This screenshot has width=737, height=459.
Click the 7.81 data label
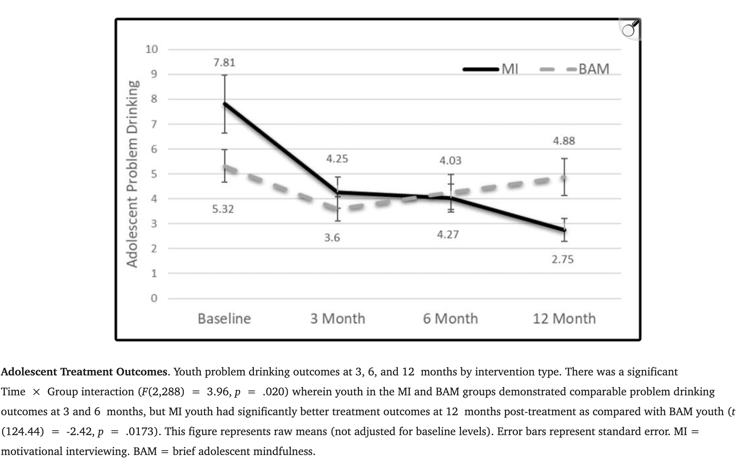coord(224,62)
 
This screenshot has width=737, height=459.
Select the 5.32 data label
coord(223,209)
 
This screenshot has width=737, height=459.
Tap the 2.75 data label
coord(562,259)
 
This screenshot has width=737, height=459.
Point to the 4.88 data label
coord(564,141)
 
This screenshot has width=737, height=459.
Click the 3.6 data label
coord(332,238)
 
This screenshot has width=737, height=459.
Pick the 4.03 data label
coord(450,160)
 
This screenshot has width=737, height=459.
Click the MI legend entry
coord(491,69)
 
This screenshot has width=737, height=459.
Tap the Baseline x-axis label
coord(224,318)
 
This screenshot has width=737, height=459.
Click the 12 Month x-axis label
coord(564,318)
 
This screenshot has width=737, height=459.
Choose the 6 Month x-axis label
coord(450,318)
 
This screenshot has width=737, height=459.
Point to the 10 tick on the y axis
coord(151,49)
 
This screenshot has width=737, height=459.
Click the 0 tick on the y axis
coord(154,298)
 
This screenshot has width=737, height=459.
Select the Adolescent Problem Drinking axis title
coord(132,173)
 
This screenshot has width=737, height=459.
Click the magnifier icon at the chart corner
coord(630,29)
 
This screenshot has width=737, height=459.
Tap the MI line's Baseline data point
coord(225,103)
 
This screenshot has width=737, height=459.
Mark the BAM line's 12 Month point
coord(564,178)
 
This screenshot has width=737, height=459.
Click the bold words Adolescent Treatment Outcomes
coord(84,371)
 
